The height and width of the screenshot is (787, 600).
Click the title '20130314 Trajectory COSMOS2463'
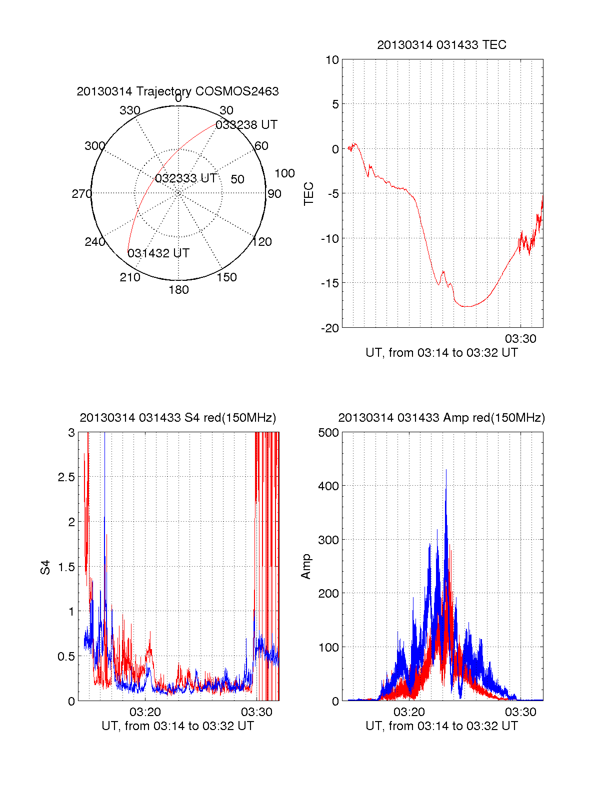(177, 91)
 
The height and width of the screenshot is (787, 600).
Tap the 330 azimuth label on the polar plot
(129, 110)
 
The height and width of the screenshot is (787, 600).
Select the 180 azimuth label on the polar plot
(178, 290)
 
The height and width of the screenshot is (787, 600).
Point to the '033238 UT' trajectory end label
(246, 125)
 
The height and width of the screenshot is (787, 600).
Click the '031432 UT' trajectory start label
(158, 253)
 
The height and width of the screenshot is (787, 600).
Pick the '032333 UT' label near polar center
(185, 178)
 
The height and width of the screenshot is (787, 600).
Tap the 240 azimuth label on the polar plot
(94, 242)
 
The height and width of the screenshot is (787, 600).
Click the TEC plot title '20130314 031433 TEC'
(441, 45)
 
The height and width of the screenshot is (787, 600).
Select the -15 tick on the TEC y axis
(329, 283)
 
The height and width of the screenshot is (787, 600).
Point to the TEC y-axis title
(309, 194)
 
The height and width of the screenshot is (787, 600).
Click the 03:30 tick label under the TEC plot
(520, 339)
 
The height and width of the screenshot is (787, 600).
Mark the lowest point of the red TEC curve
(467, 306)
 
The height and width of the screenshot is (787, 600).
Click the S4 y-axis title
(45, 567)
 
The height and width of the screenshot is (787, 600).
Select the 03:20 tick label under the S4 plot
(145, 712)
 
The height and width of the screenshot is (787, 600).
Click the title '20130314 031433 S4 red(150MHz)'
(177, 418)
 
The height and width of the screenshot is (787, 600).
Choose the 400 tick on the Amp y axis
(328, 486)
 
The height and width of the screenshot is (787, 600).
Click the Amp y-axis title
(306, 567)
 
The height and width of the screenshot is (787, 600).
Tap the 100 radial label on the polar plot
(284, 173)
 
